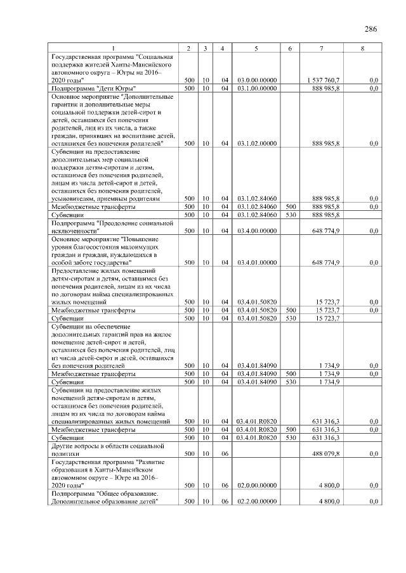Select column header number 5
(256, 49)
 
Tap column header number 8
(362, 49)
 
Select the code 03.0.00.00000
(256, 80)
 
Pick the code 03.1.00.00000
(256, 88)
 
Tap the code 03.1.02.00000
(256, 144)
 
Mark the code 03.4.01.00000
(256, 262)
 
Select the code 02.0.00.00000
(256, 485)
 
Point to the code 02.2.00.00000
(256, 501)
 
